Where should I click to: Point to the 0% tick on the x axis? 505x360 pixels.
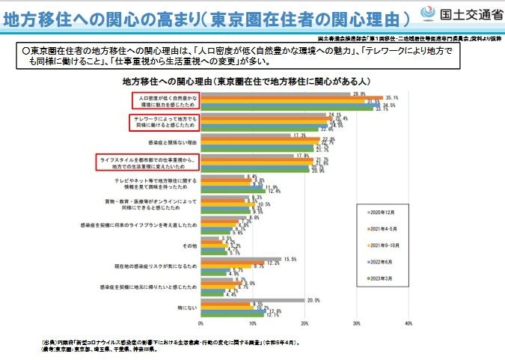[x=201, y=324]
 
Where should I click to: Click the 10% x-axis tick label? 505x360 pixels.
[x=252, y=324]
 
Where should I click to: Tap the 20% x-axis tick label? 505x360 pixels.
[x=304, y=324]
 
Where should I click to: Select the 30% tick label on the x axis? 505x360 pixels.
[x=356, y=324]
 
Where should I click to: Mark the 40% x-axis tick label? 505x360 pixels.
[x=408, y=324]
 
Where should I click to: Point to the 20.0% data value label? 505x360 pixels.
[x=313, y=300]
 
